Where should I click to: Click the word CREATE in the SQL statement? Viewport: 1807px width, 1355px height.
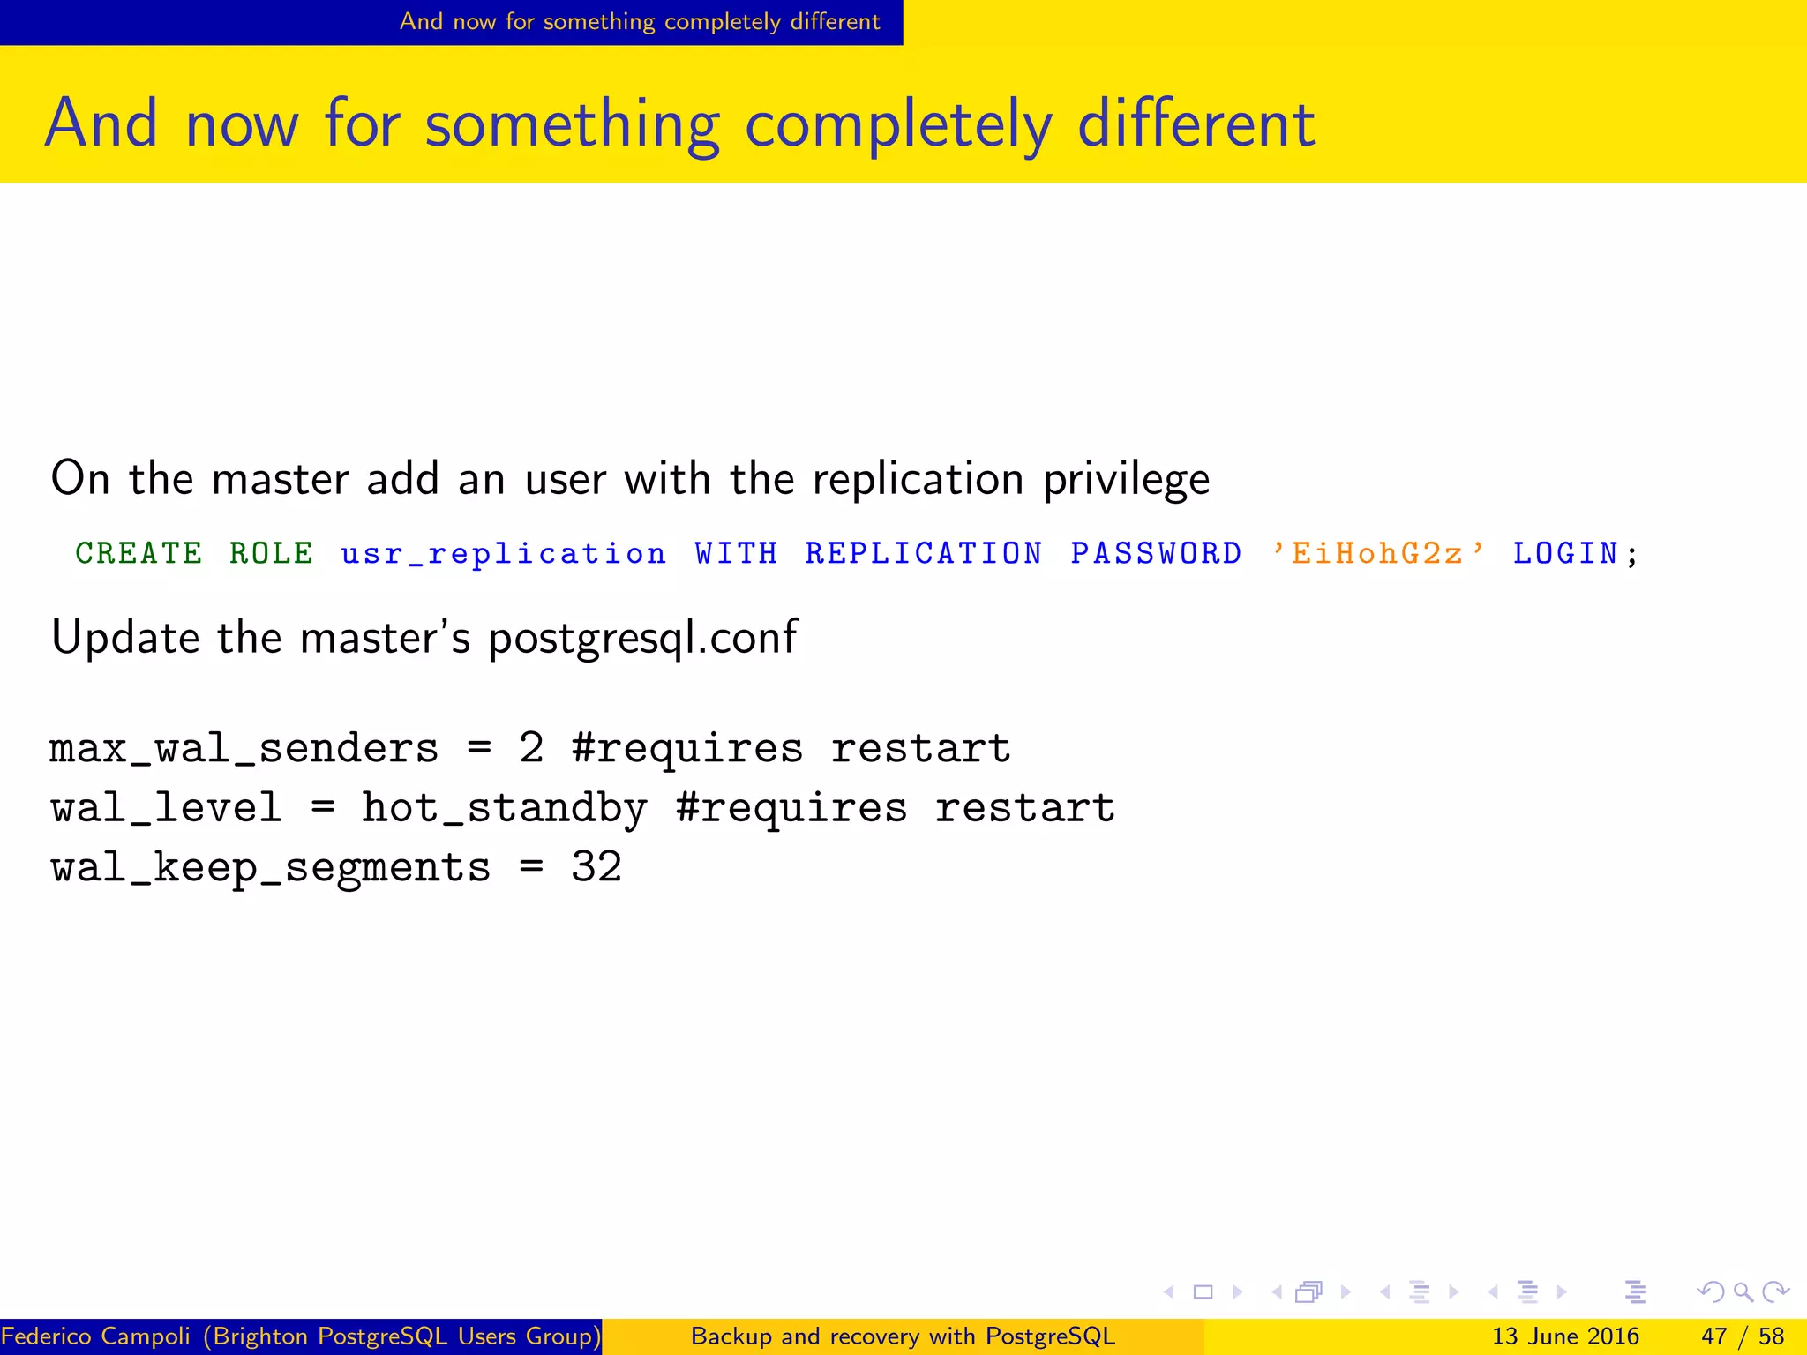pos(139,554)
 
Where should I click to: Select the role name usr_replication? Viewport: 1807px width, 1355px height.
pos(503,554)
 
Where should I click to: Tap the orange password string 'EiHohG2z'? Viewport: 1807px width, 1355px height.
pos(1377,554)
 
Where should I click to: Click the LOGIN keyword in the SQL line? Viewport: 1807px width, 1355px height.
pos(1565,554)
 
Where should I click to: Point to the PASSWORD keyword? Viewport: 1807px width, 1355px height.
pos(1156,554)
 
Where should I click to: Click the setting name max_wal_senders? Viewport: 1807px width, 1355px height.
pos(244,749)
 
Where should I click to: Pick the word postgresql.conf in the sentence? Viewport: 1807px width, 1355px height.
pos(643,638)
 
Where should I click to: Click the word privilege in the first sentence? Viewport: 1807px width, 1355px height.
pos(1126,480)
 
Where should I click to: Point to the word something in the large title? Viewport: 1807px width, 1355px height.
pos(572,124)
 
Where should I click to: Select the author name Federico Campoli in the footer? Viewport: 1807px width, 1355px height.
pos(95,1336)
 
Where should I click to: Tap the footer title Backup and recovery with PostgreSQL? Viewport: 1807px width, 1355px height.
pos(903,1336)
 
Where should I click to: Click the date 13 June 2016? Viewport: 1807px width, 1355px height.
pos(1564,1336)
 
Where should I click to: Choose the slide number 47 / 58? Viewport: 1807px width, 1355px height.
pos(1742,1336)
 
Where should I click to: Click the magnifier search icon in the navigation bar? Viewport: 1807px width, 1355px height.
pos(1743,1292)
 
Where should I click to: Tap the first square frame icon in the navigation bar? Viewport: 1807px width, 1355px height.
pos(1203,1292)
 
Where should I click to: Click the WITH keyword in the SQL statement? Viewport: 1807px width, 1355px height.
pos(736,554)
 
